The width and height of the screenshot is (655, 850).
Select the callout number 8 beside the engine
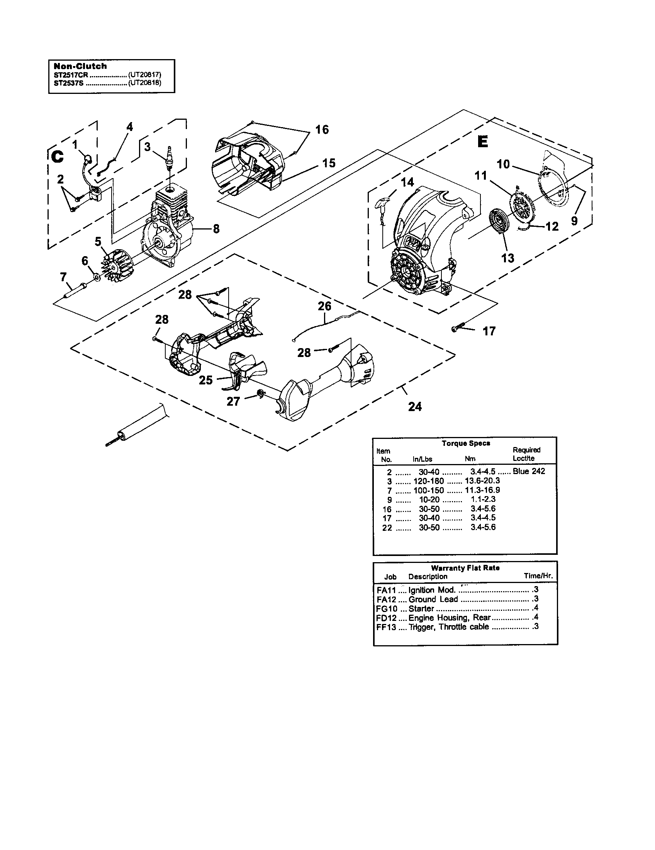point(216,229)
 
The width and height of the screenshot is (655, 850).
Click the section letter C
point(57,156)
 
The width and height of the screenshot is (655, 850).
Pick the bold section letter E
point(482,143)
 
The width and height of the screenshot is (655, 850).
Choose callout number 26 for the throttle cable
point(324,306)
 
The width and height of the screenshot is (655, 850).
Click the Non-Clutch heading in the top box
point(80,66)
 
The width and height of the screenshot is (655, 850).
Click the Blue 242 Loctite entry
point(529,471)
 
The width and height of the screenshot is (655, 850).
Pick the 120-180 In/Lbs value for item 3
point(428,481)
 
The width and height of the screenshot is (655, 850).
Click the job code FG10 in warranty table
point(385,609)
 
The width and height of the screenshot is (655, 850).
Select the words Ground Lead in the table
point(433,599)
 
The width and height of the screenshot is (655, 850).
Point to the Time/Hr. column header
point(538,576)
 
